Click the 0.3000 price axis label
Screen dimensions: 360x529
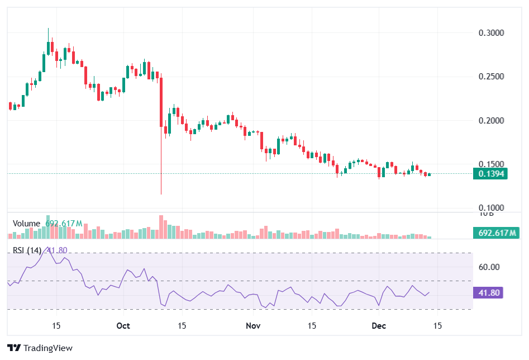[x=492, y=33]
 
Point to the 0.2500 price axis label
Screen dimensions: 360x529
[x=492, y=77]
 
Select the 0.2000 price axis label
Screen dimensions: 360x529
[x=492, y=121]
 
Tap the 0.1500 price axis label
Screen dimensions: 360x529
[x=492, y=164]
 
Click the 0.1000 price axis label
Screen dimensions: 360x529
[x=492, y=208]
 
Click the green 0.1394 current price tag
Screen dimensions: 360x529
[x=491, y=174]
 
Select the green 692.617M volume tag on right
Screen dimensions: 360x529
[x=497, y=233]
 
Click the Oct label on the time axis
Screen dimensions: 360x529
[x=123, y=325]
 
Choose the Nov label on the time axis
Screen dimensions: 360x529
[x=253, y=325]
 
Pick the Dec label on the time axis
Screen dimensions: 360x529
[x=379, y=325]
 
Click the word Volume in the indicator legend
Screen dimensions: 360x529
[x=26, y=224]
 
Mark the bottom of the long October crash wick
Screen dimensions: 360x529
[x=161, y=194]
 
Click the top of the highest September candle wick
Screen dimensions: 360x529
[x=48, y=29]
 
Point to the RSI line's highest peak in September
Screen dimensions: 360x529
[x=49, y=247]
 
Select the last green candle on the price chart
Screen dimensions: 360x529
[x=429, y=174]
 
